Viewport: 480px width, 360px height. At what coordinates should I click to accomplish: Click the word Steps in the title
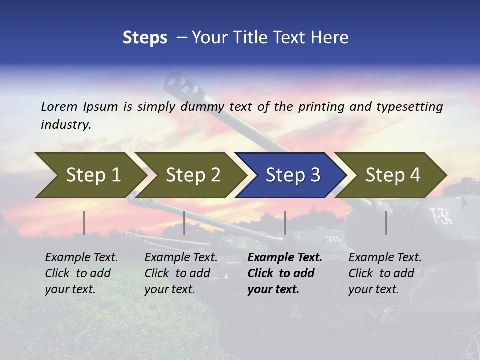coord(145,37)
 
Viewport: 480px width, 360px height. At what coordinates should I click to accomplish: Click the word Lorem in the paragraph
coord(59,107)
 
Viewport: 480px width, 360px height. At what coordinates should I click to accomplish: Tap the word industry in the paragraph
coord(65,125)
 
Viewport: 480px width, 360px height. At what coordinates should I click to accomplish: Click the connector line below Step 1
coord(84,223)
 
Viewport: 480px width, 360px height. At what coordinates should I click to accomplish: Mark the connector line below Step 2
coord(184,223)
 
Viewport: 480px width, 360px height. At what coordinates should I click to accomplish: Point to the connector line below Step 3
coord(285,223)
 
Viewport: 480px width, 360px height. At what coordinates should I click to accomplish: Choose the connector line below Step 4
coord(386,223)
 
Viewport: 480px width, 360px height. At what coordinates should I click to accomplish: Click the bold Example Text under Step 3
coord(285,258)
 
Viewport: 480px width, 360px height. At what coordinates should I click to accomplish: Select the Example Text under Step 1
coord(81,258)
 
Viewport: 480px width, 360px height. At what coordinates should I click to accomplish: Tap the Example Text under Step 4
coord(385,258)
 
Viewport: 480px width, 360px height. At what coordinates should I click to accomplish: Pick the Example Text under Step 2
coord(181,258)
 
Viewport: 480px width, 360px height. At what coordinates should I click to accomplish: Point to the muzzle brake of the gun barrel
coord(181,85)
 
